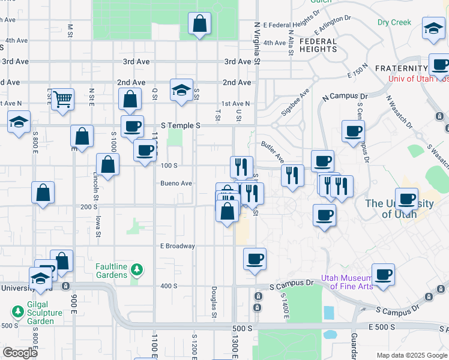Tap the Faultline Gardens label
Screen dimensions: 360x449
[x=112, y=271]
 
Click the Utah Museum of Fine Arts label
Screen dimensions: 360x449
[x=347, y=281]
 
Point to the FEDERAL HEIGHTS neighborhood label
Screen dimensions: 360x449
[x=318, y=46]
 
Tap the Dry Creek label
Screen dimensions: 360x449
[x=394, y=22]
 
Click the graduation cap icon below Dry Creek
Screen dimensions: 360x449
[x=433, y=28]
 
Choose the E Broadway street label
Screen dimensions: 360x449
[x=178, y=246]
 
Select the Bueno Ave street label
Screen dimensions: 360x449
[x=176, y=183]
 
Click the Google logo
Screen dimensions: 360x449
[x=20, y=353]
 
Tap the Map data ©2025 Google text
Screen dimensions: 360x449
[x=411, y=355]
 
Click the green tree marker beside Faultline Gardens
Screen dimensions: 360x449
[x=137, y=270]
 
